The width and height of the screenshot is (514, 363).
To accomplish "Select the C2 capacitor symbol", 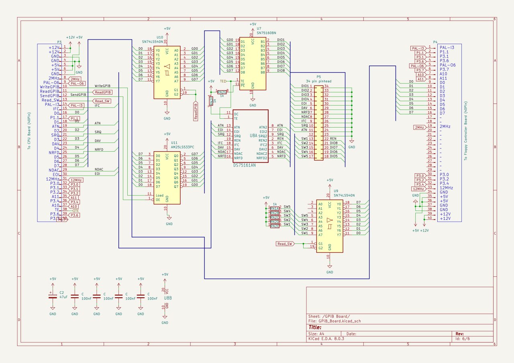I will [53, 296].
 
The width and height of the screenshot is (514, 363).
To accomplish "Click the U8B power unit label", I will [168, 298].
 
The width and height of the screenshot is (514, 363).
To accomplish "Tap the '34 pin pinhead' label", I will [318, 81].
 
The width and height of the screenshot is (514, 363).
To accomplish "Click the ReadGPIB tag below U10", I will [196, 111].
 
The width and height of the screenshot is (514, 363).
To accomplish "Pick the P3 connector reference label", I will [59, 42].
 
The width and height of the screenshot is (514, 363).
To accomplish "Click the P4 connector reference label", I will [435, 42].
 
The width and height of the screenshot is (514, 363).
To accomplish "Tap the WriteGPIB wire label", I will [103, 86].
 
